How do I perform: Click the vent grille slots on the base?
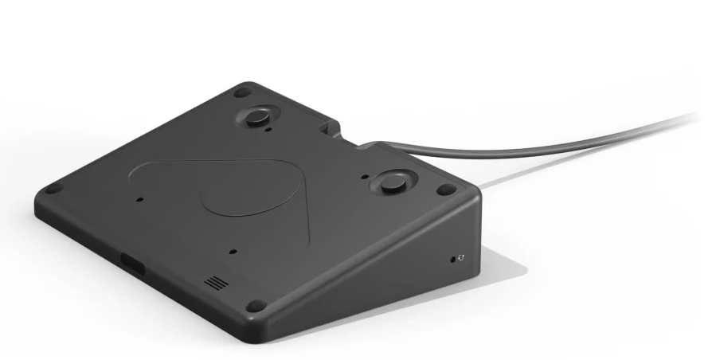click(x=213, y=283)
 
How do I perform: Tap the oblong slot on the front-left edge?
click(x=132, y=263)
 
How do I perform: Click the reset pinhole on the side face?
click(x=455, y=258)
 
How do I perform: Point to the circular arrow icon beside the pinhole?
click(x=462, y=258)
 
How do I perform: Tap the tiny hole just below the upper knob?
click(x=269, y=131)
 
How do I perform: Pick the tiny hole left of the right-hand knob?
click(x=364, y=177)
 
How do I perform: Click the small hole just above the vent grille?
click(x=233, y=251)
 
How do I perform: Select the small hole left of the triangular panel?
click(x=140, y=199)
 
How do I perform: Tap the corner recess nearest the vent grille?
click(x=255, y=305)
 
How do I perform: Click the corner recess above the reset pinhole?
click(x=447, y=190)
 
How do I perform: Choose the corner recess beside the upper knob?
click(x=242, y=92)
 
